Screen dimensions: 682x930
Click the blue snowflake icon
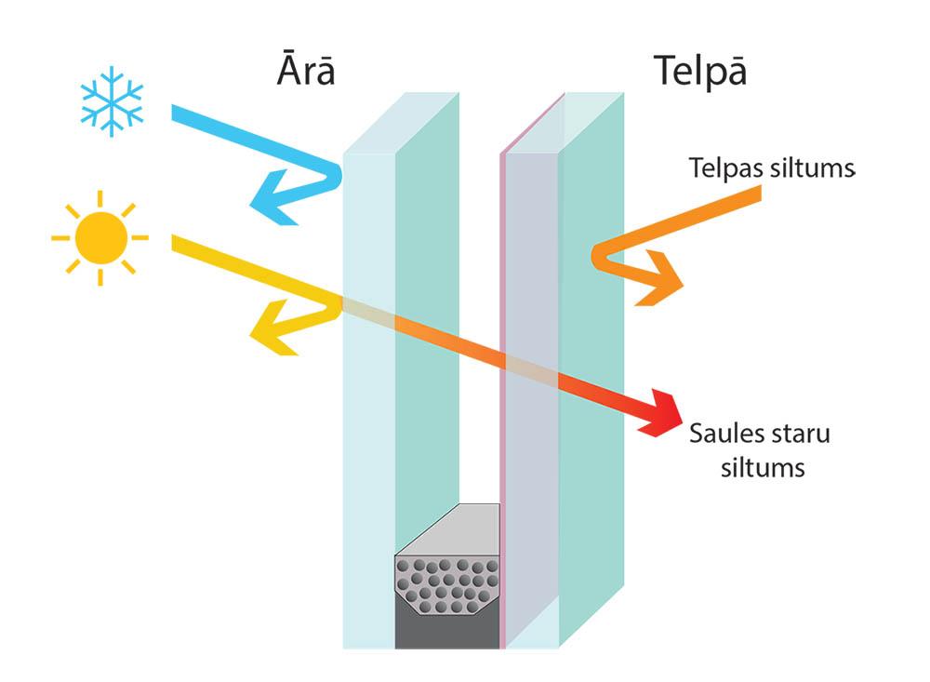pos(112,100)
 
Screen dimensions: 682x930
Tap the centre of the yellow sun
pos(100,237)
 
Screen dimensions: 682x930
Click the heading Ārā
pos(305,72)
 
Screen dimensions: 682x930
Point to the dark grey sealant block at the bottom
pos(446,628)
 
